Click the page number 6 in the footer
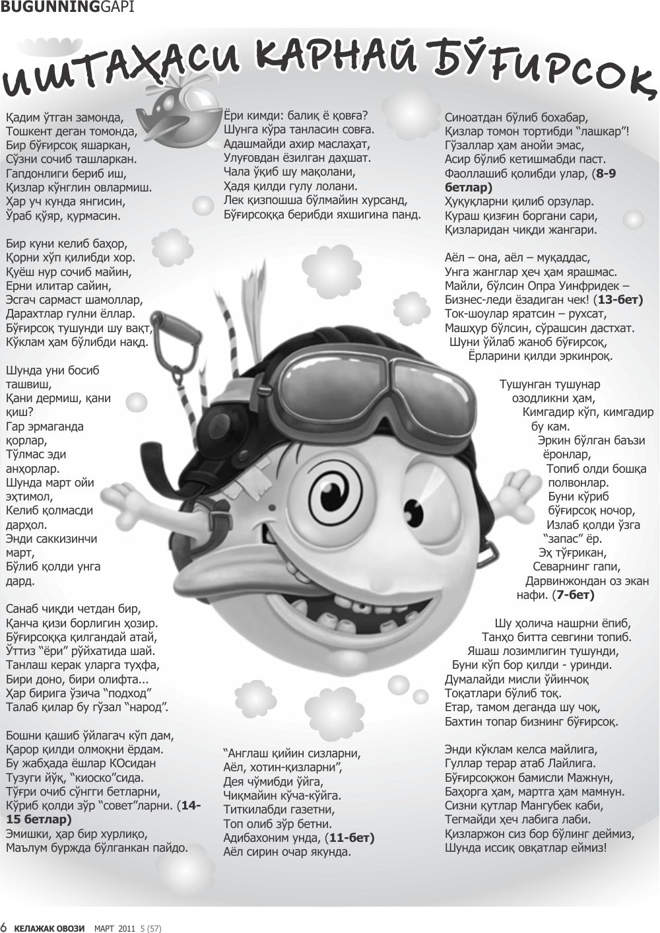pos(4,927)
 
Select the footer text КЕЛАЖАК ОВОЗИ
pos(50,928)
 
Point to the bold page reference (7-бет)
pos(574,595)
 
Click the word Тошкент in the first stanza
pos(30,131)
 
